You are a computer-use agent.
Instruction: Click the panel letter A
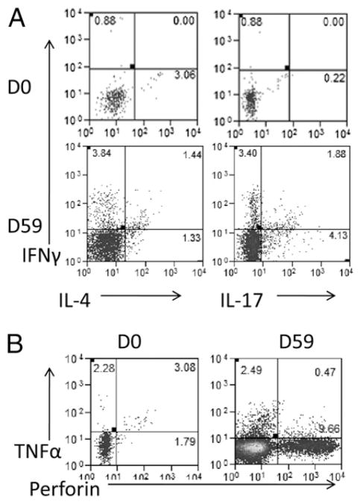[x=16, y=16]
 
